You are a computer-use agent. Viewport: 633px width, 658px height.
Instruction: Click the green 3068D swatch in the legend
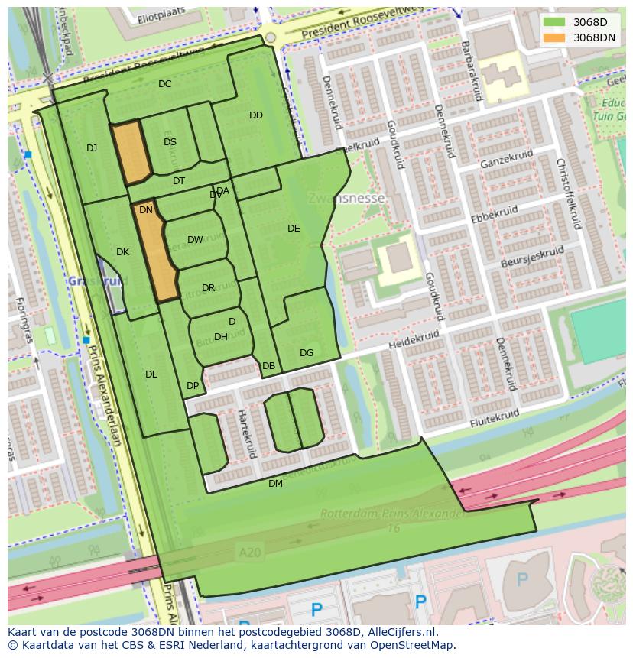[x=555, y=22]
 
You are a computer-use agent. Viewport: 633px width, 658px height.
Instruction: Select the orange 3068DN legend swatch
[x=555, y=37]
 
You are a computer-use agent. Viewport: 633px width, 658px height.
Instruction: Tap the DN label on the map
[x=146, y=210]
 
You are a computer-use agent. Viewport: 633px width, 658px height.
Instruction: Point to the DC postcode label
[x=164, y=84]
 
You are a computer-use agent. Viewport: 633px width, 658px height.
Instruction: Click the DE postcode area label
[x=294, y=229]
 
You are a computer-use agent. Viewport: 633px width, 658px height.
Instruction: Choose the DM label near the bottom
[x=275, y=484]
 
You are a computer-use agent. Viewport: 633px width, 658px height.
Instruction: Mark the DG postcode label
[x=307, y=353]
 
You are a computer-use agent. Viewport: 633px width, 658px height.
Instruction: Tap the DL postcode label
[x=151, y=374]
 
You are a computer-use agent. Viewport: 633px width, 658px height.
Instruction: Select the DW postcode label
[x=195, y=240]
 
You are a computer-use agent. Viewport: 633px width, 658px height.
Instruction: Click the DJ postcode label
[x=92, y=148]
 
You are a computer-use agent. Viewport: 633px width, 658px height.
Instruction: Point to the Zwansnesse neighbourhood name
[x=346, y=198]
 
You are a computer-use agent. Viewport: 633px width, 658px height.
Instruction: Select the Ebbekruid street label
[x=495, y=216]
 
